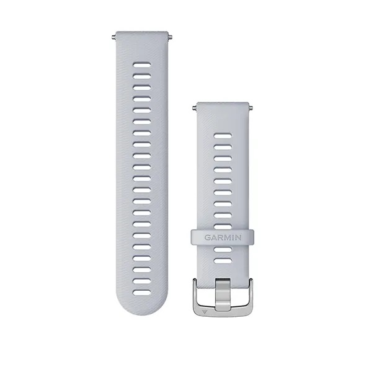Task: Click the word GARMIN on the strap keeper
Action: click(223, 237)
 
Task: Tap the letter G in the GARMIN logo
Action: click(207, 237)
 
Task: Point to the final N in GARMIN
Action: click(238, 237)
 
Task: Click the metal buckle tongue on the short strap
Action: click(223, 294)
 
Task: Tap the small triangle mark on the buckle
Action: click(204, 312)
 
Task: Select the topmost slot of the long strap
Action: click(142, 65)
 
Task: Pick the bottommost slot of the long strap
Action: click(142, 293)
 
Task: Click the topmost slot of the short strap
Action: click(223, 136)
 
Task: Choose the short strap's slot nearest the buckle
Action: click(223, 261)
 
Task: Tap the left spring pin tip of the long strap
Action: click(113, 37)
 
